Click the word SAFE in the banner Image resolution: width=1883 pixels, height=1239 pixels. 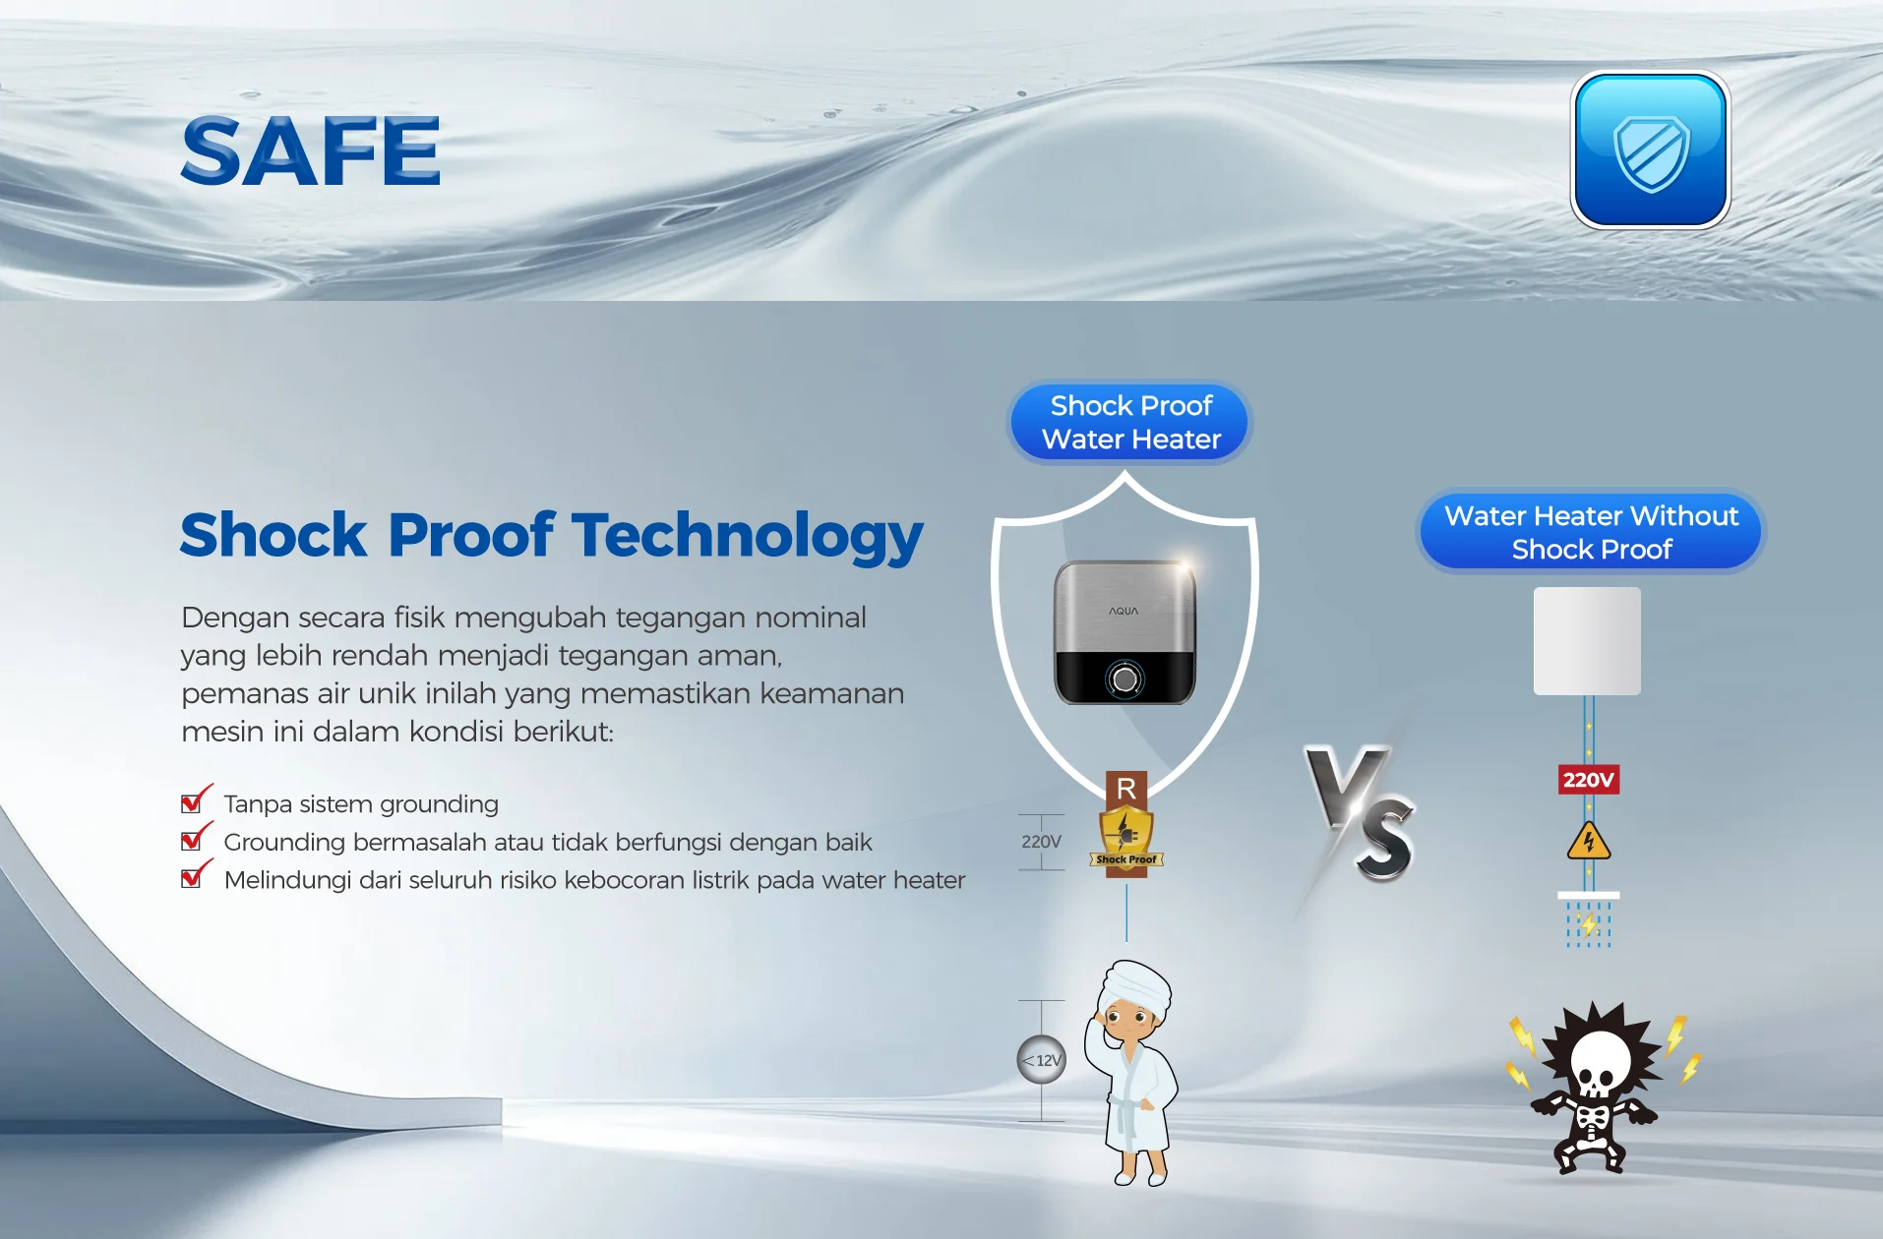311,150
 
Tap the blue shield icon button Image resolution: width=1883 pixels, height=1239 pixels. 1650,150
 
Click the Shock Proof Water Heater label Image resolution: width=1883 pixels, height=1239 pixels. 1130,423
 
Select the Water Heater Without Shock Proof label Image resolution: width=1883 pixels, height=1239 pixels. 1591,532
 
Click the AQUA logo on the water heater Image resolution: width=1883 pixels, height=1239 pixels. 1124,611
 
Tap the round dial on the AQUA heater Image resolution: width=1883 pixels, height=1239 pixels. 1124,678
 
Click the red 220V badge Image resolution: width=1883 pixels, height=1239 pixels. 1588,780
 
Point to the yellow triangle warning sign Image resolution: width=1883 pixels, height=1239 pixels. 1588,841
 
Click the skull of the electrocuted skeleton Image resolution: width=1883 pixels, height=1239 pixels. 1600,1065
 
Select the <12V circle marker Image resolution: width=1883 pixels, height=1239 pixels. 1042,1060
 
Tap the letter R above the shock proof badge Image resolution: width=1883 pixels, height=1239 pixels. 1126,788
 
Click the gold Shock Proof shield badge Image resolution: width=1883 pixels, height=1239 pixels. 1126,839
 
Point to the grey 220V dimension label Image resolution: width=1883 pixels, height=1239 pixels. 1041,842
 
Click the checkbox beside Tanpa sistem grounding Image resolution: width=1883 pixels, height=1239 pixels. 194,800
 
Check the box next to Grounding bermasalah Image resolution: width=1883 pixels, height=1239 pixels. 194,838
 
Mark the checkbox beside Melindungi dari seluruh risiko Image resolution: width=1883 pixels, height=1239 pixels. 194,875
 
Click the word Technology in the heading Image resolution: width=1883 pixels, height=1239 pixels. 749,537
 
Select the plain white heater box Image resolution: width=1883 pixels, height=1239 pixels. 1587,641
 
